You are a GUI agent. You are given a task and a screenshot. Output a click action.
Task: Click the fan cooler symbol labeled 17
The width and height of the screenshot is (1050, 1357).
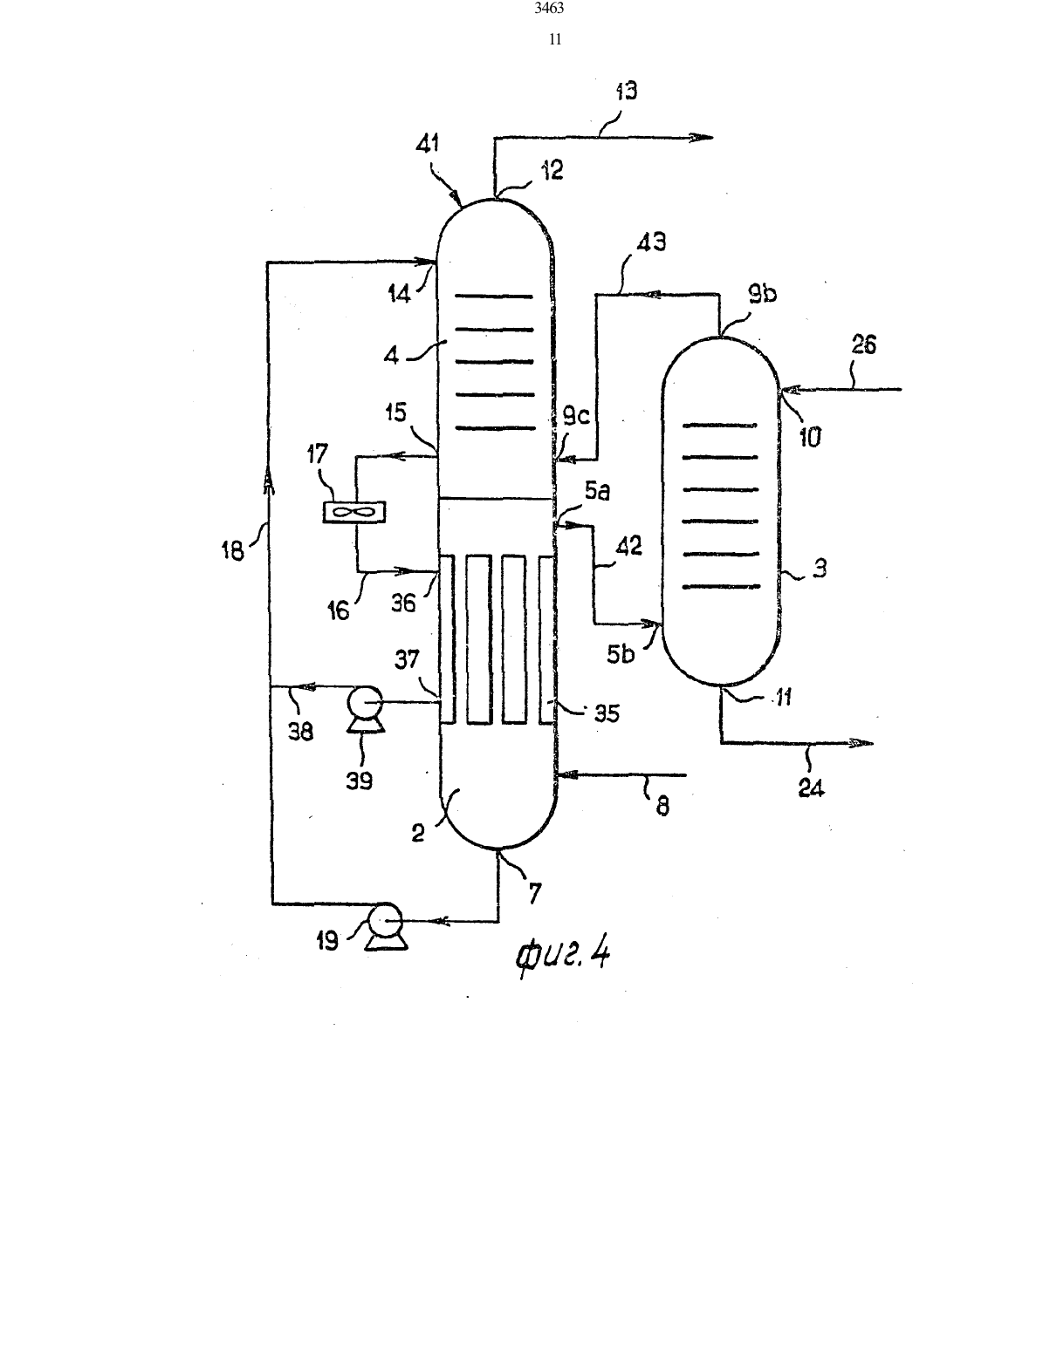pyautogui.click(x=353, y=513)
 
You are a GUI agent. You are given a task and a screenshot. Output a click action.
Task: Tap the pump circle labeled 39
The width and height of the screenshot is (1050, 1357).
pyautogui.click(x=365, y=702)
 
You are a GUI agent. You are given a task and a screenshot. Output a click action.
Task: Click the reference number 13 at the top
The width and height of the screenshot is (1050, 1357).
pyautogui.click(x=627, y=92)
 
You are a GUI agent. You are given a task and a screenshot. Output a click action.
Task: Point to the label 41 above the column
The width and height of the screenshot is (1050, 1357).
pyautogui.click(x=429, y=144)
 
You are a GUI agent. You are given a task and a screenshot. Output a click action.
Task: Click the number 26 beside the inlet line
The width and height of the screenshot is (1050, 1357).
pyautogui.click(x=864, y=344)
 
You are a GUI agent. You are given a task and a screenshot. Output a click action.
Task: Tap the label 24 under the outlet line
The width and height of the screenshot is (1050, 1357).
pyautogui.click(x=811, y=788)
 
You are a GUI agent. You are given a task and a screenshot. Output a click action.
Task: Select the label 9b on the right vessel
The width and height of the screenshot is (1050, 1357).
pyautogui.click(x=763, y=294)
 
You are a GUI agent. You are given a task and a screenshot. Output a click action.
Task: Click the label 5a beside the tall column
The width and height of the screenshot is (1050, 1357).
pyautogui.click(x=598, y=492)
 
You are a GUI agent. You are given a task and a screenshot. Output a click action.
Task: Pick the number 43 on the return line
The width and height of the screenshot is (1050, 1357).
pyautogui.click(x=651, y=242)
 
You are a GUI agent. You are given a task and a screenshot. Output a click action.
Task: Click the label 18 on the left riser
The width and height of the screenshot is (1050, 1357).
pyautogui.click(x=232, y=551)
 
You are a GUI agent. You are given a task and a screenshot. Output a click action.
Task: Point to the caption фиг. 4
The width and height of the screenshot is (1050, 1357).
pyautogui.click(x=562, y=955)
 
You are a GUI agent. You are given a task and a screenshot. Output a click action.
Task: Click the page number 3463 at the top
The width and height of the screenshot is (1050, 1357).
pyautogui.click(x=549, y=8)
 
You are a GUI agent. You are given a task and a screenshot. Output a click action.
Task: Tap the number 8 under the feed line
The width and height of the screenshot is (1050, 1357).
pyautogui.click(x=663, y=807)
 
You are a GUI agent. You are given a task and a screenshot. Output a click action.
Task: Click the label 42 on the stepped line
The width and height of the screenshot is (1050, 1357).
pyautogui.click(x=628, y=547)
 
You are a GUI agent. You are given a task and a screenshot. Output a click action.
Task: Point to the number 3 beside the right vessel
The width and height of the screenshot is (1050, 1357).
pyautogui.click(x=820, y=569)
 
